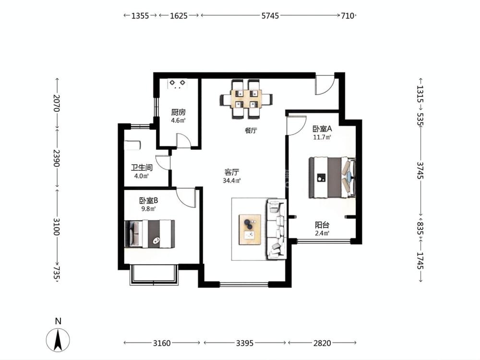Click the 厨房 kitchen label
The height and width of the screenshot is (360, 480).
[178, 112]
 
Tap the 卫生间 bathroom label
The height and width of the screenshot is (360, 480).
[142, 168]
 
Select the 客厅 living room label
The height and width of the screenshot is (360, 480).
[231, 172]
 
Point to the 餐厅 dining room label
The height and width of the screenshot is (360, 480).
[251, 131]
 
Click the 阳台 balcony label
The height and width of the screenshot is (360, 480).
[322, 225]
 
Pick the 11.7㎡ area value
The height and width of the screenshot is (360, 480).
[322, 137]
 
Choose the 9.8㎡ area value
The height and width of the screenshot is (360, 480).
[148, 209]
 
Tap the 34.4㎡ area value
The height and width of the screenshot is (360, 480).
[232, 180]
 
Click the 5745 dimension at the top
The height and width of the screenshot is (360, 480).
[270, 16]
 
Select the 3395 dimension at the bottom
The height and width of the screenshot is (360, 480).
[245, 343]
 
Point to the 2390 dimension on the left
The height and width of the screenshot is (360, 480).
[56, 158]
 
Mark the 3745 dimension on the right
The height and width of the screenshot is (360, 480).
[420, 170]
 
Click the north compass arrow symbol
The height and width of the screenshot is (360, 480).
[58, 339]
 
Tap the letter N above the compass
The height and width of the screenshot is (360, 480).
[58, 321]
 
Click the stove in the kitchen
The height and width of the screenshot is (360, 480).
[177, 84]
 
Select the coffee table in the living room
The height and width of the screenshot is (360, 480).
[250, 229]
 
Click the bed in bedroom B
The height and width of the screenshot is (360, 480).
[150, 234]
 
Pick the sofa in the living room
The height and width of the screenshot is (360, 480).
[277, 229]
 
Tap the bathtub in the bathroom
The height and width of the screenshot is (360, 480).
[132, 145]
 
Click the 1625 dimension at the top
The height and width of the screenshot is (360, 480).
[179, 16]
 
